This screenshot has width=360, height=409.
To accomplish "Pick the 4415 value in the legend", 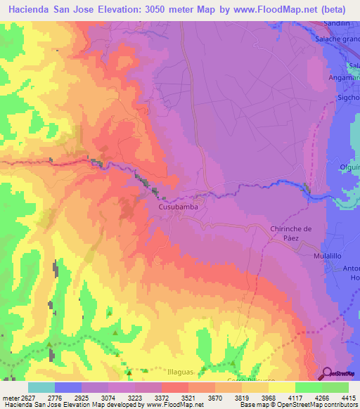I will click(x=348, y=398).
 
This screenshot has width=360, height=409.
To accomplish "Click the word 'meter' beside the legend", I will click(x=8, y=398).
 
